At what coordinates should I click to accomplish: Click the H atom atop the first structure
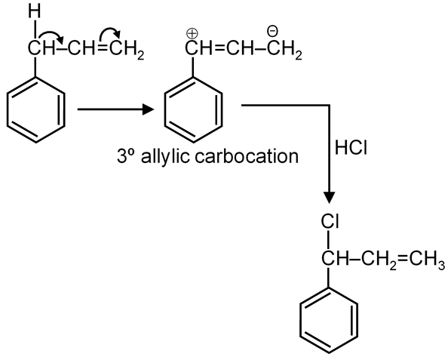[35, 12]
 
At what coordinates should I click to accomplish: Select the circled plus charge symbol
[192, 34]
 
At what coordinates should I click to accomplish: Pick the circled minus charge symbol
[272, 29]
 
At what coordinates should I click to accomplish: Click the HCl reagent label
[351, 148]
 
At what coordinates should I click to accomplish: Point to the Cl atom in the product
[330, 222]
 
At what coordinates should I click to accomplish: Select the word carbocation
[247, 157]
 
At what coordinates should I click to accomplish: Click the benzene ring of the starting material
[35, 109]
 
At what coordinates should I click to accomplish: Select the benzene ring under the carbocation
[193, 109]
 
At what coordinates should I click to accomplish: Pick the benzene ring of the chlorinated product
[329, 320]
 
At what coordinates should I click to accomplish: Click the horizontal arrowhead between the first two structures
[148, 109]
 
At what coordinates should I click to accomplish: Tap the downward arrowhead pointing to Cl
[330, 198]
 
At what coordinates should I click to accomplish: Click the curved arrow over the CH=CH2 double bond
[110, 33]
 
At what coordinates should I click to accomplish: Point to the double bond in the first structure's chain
[103, 49]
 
